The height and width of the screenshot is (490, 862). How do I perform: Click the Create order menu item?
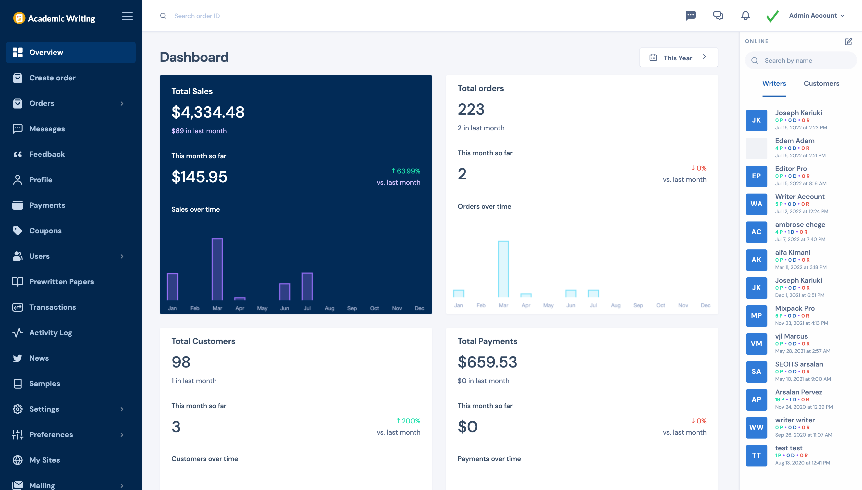[x=52, y=78]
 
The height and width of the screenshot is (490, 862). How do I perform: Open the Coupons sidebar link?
[x=45, y=231]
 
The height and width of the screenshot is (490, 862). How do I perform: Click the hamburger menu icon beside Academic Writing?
[x=127, y=16]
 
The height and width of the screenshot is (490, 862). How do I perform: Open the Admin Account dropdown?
[x=816, y=15]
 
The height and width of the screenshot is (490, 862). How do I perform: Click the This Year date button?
[x=678, y=58]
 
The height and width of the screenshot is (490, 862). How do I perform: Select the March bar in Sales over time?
[x=217, y=269]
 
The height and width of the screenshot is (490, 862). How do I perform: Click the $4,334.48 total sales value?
[x=208, y=112]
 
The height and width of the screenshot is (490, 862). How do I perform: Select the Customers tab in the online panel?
[x=821, y=84]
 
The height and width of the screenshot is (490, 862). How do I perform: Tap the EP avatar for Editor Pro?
[x=756, y=176]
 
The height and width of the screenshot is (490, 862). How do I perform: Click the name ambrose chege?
[x=800, y=224]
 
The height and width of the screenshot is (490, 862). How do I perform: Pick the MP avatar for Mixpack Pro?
[x=756, y=316]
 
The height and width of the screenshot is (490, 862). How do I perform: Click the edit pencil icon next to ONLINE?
[x=848, y=41]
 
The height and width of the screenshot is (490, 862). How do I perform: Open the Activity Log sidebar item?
[x=50, y=332]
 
